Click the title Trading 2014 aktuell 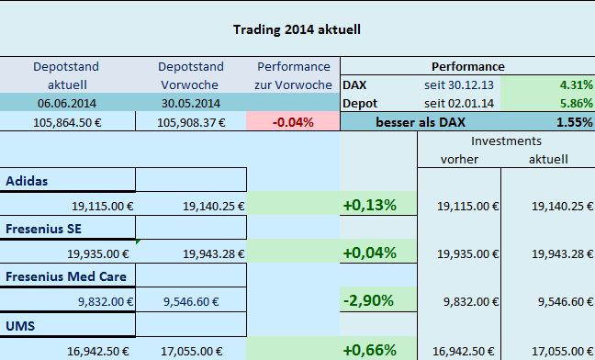click(x=297, y=28)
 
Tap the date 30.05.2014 click(x=189, y=102)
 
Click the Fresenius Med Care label click(x=65, y=276)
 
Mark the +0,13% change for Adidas click(x=369, y=205)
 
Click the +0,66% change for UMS click(x=369, y=349)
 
